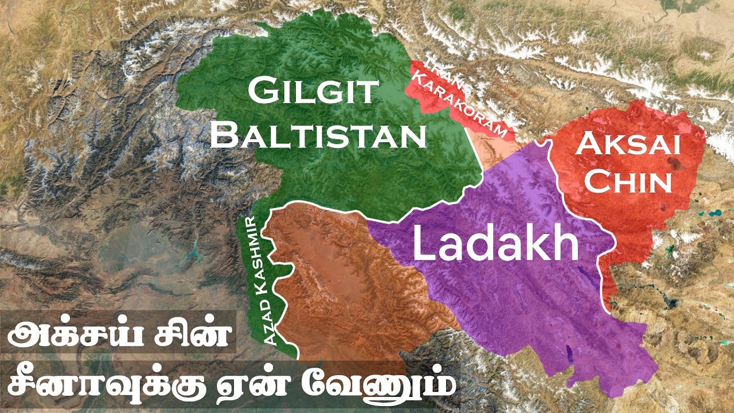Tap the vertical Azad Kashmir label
tap(260, 281)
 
